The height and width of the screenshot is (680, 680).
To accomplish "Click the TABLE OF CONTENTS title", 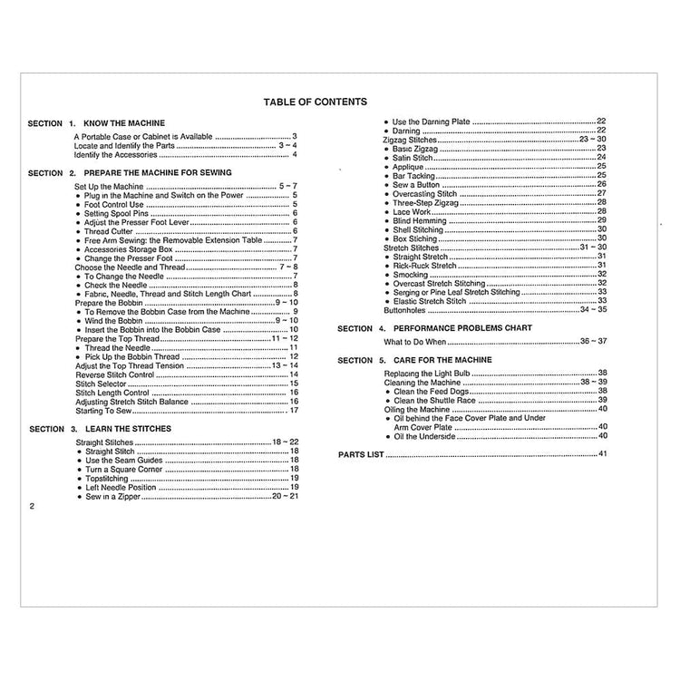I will coord(315,102).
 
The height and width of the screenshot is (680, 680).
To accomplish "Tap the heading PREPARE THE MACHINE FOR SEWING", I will coord(157,171).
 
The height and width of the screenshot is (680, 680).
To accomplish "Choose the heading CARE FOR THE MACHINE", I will coord(430,360).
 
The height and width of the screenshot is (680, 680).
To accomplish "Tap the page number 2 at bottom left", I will coord(32,507).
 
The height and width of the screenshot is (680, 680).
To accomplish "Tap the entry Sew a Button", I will coord(417,184).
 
